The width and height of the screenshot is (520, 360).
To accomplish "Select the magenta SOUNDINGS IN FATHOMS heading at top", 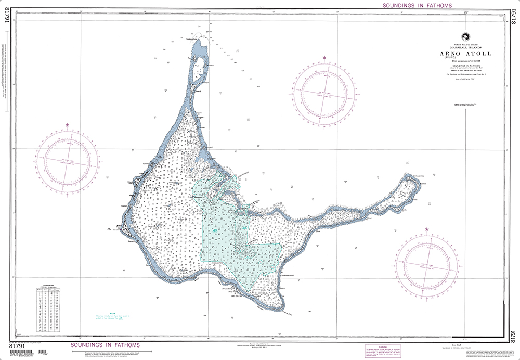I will [417, 5].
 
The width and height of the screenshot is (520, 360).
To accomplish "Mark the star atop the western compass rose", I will [68, 125].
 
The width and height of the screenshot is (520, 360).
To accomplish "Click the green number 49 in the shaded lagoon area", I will [215, 230].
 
